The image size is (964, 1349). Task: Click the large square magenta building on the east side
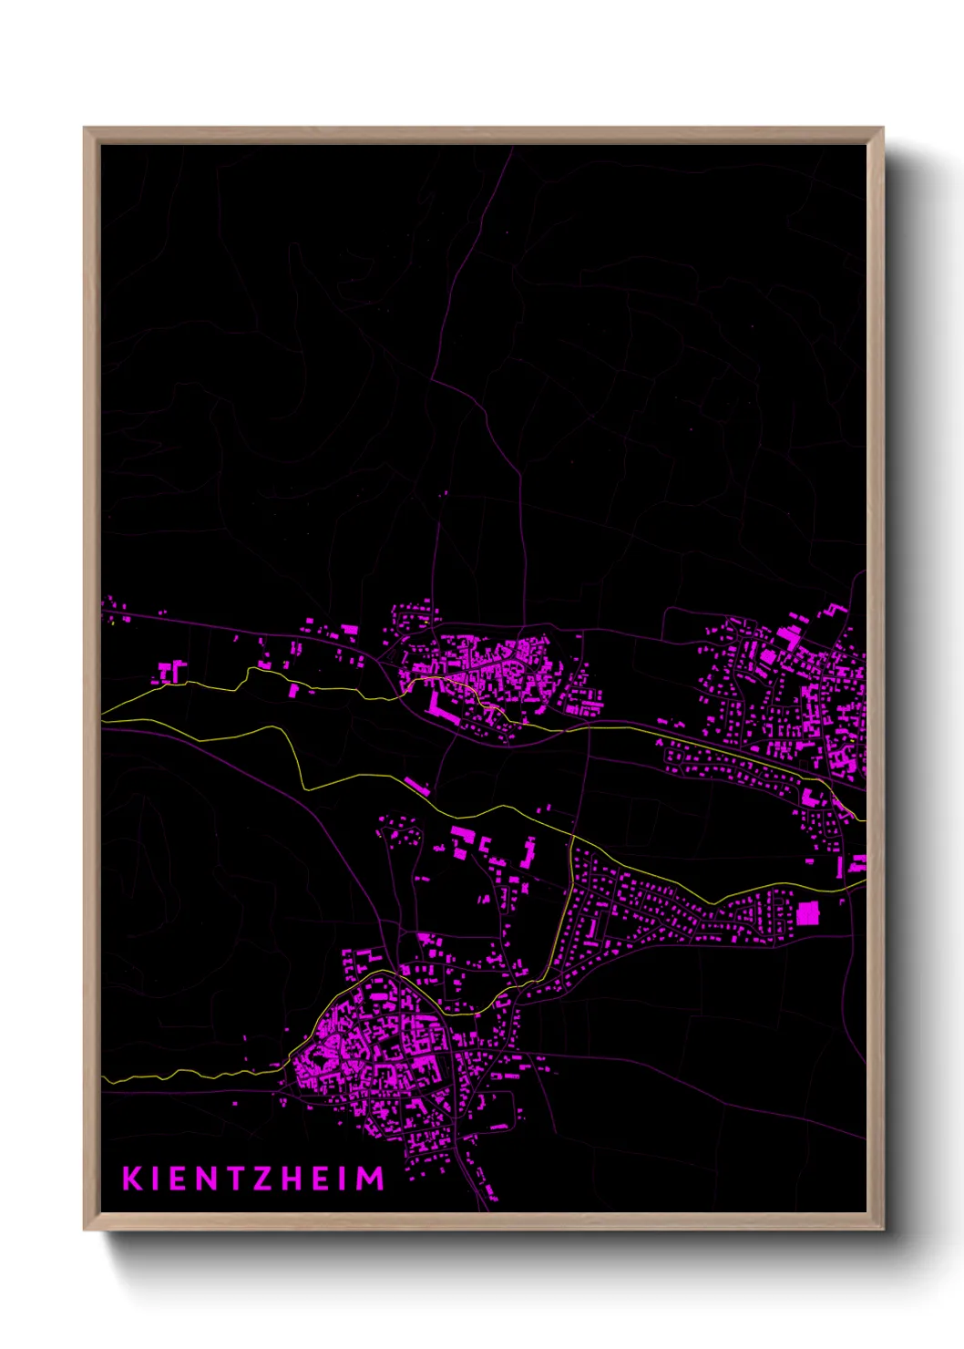[807, 913]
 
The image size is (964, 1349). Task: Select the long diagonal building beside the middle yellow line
[416, 786]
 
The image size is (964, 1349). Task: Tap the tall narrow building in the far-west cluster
[175, 672]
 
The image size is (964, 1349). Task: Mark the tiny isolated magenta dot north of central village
[445, 495]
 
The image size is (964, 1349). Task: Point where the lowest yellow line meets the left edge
[103, 1080]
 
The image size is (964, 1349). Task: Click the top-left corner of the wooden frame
[85, 129]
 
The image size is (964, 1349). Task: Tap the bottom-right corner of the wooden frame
[883, 1230]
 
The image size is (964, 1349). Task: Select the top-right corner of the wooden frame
[883, 129]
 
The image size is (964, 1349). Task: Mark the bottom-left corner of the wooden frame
[85, 1230]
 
